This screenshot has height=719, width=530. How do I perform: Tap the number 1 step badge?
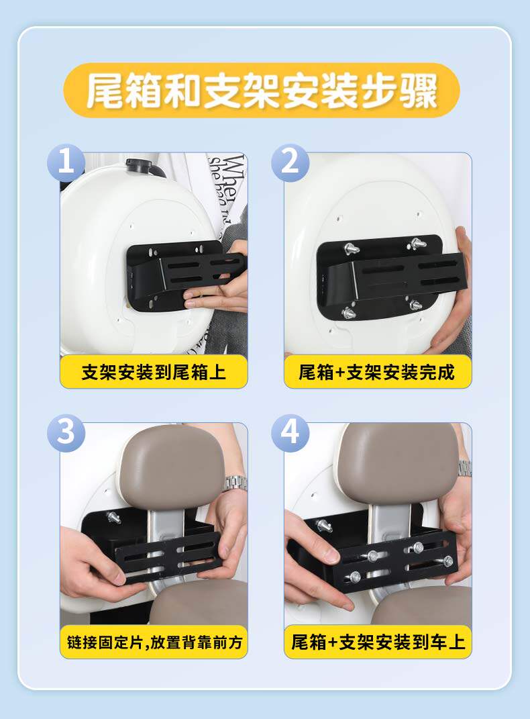(66, 162)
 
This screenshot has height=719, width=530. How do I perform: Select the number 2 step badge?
(290, 162)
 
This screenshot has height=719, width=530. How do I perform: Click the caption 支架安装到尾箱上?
(154, 372)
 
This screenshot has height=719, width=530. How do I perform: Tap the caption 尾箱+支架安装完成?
(378, 372)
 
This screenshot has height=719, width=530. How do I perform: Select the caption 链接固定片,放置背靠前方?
(154, 642)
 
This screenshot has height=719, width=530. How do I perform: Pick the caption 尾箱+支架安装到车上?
(378, 642)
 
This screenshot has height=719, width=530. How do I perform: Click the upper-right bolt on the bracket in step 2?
(418, 243)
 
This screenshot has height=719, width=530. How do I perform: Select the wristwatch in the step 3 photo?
(235, 483)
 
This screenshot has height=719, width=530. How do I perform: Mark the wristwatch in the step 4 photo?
(465, 468)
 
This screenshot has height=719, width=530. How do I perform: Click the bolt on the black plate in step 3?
(113, 517)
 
